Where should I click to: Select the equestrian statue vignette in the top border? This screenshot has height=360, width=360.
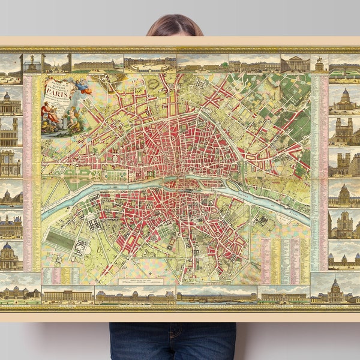pos(32,63)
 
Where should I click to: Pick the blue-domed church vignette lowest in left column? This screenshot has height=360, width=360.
pos(11,256)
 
